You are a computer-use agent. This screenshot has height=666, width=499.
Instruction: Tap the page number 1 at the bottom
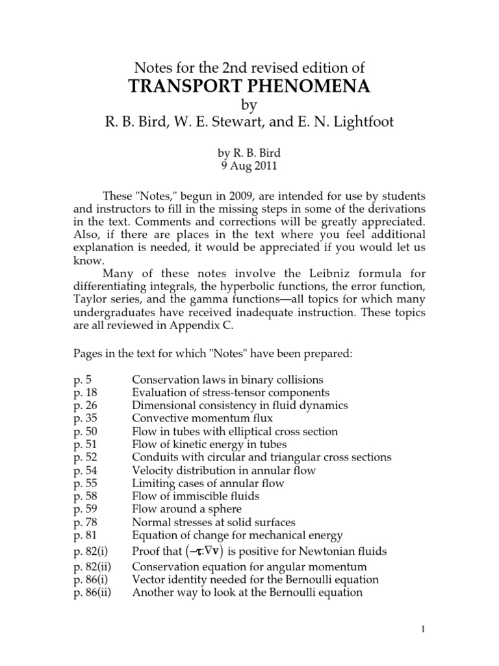(x=477, y=630)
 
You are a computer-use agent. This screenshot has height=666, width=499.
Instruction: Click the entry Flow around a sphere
(x=186, y=509)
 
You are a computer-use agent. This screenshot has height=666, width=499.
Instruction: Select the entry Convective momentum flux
(x=203, y=418)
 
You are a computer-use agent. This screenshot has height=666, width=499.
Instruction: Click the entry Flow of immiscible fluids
(x=196, y=496)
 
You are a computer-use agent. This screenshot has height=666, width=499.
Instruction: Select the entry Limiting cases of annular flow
(x=208, y=483)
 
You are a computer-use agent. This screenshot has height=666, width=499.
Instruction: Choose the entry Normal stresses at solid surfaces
(x=214, y=522)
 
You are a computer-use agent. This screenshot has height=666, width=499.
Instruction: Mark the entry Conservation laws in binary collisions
(x=227, y=379)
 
